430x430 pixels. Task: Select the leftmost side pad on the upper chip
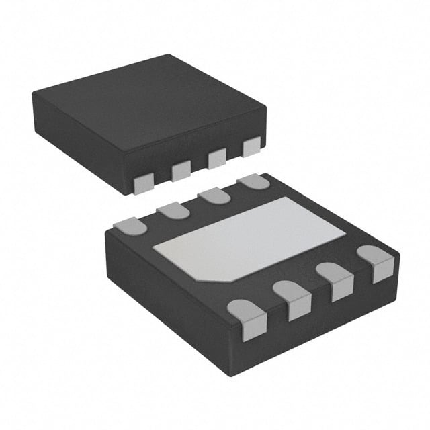143,183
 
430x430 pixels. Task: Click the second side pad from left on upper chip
181,171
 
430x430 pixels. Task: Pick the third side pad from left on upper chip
217,159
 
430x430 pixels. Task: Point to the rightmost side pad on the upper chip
251,147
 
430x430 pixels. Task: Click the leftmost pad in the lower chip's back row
132,226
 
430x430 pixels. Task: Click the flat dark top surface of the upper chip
148,101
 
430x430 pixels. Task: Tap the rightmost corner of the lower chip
399,255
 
